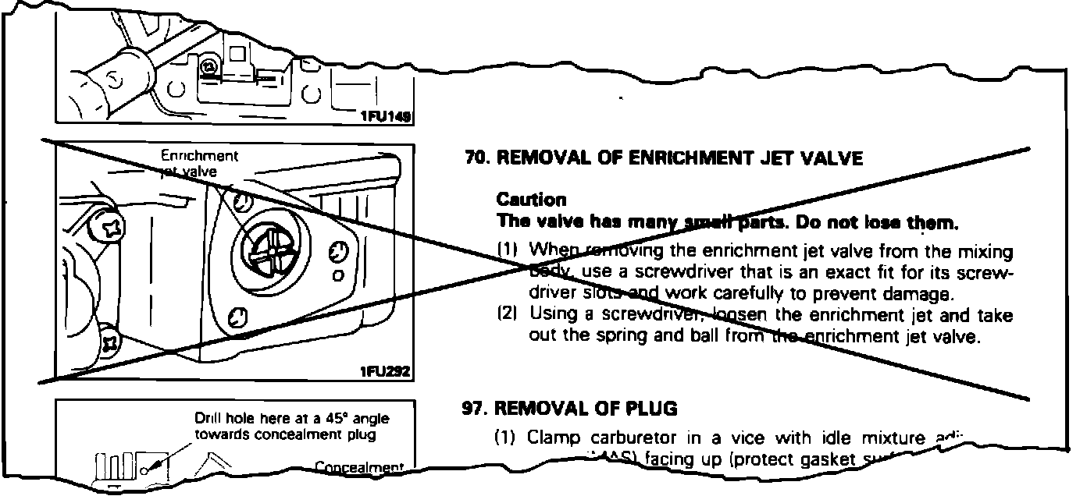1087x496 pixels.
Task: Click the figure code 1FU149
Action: click(385, 116)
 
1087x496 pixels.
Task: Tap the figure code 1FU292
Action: click(385, 372)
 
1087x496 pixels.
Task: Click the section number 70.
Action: click(475, 158)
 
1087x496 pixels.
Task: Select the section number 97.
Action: click(475, 408)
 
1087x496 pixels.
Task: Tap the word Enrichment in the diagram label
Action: click(199, 155)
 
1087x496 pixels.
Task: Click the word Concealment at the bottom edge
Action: click(358, 468)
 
